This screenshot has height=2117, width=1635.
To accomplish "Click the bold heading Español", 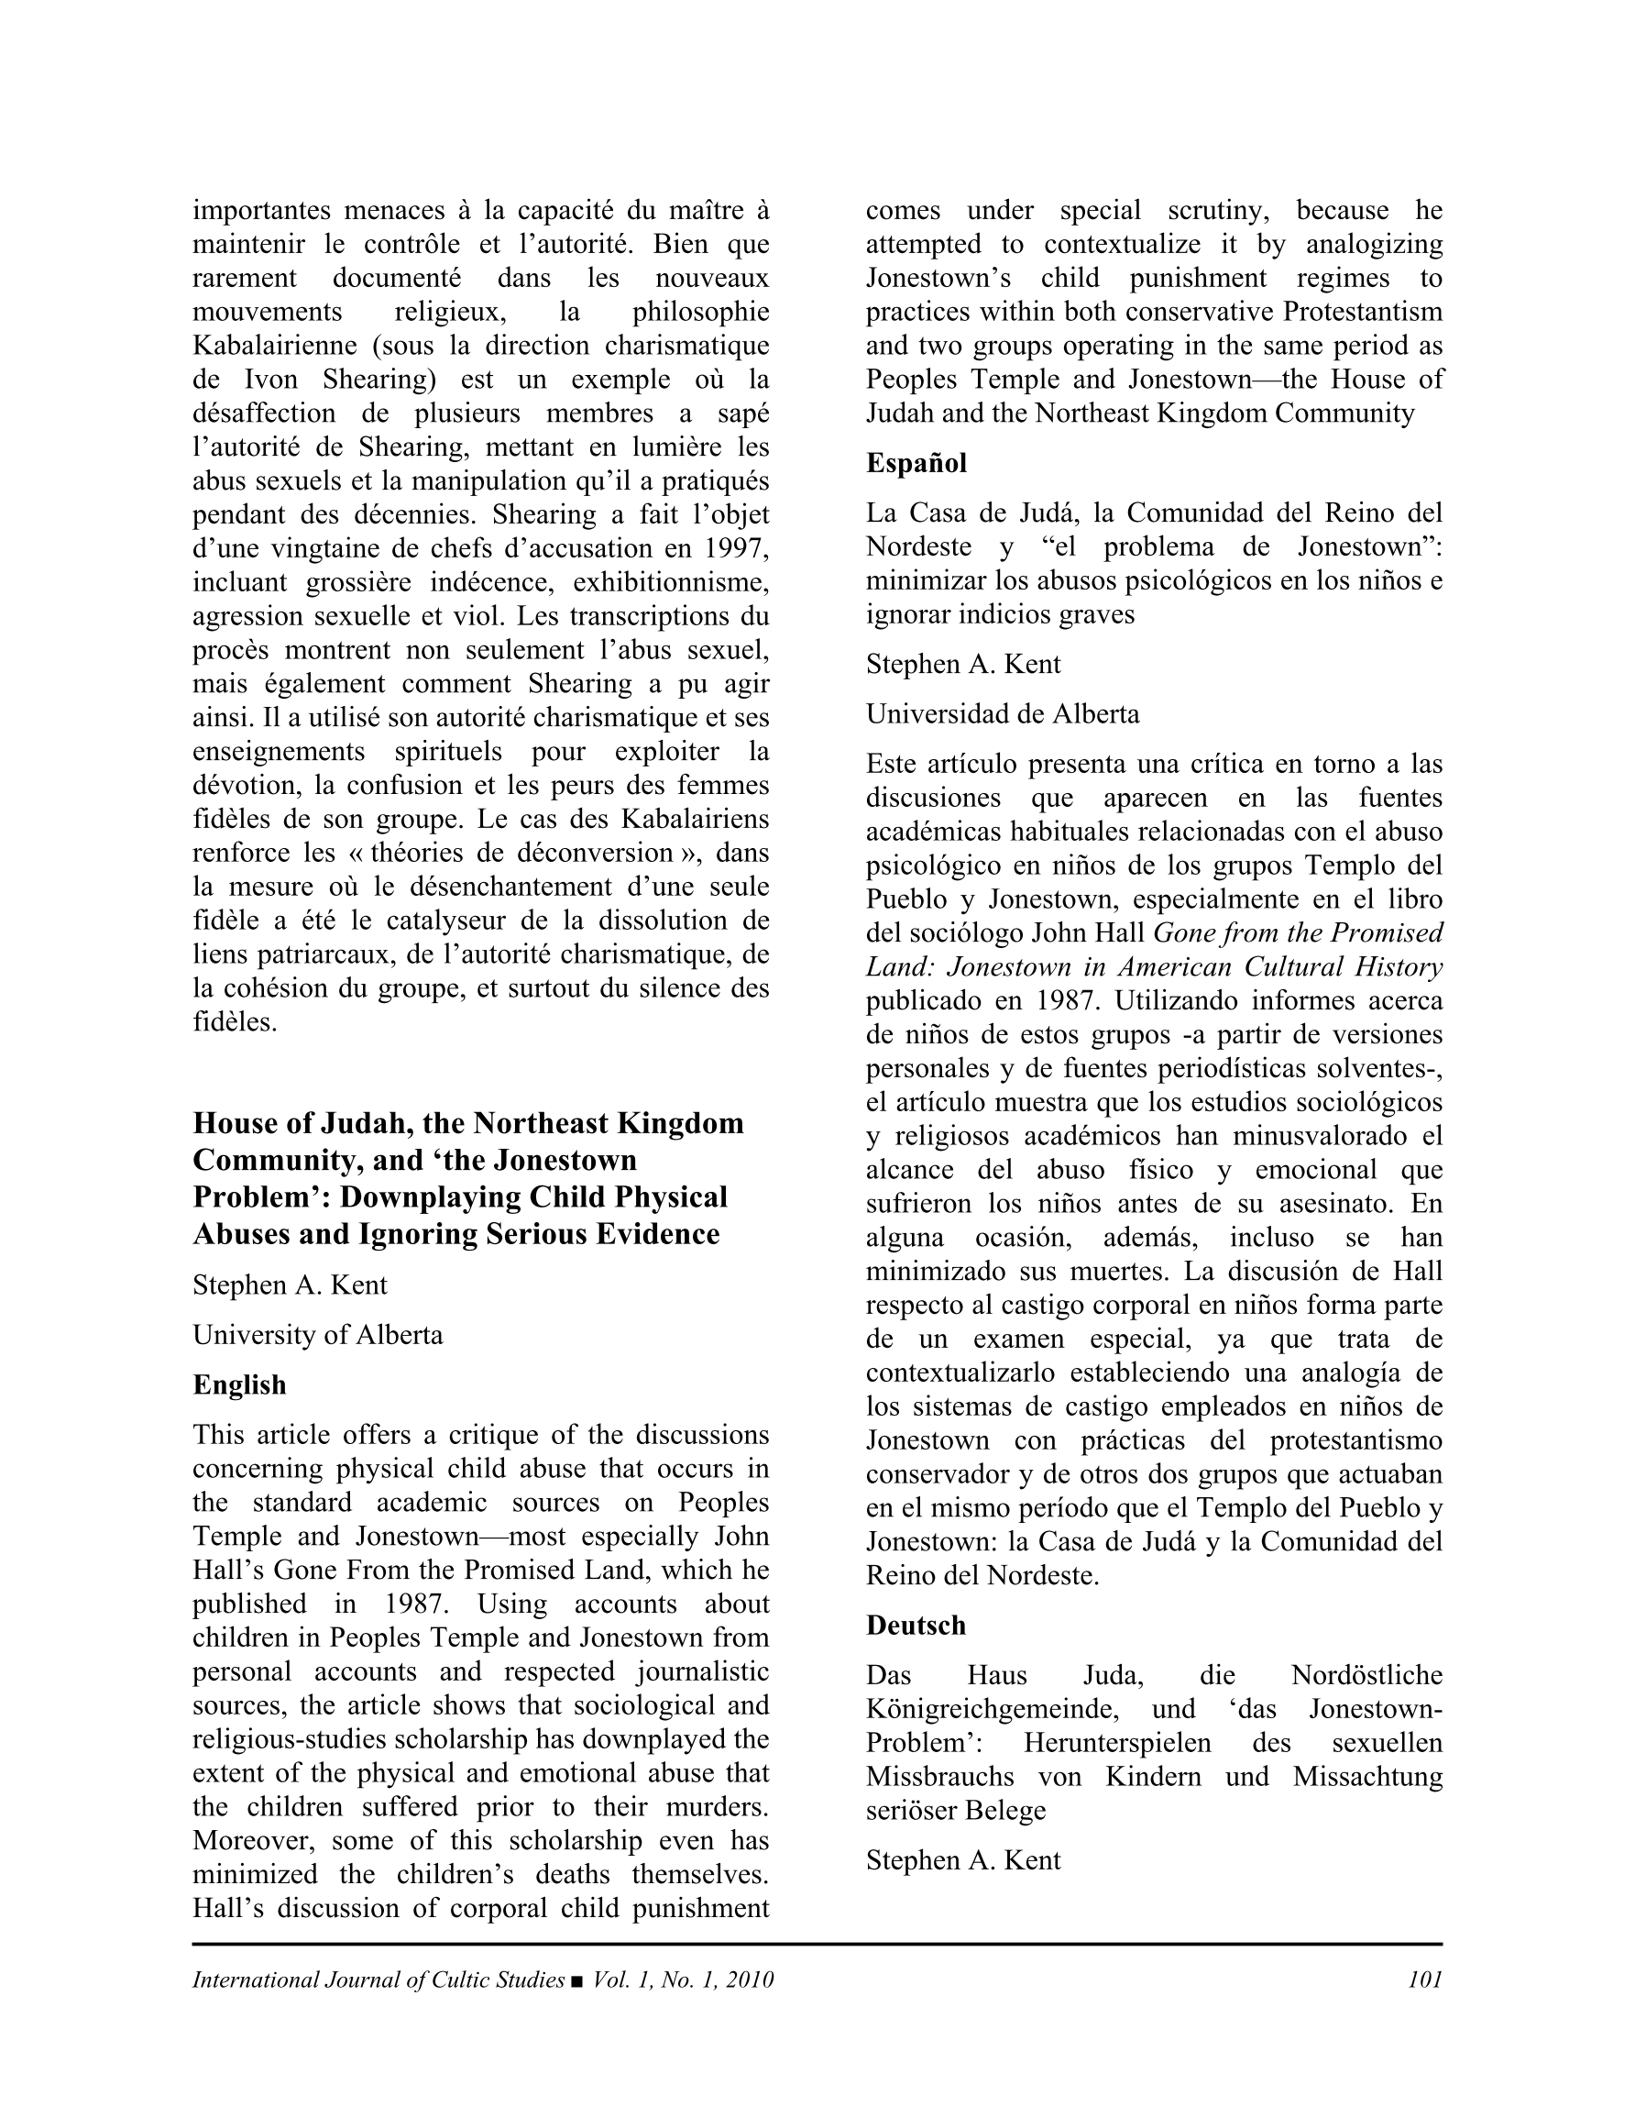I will pos(916,463).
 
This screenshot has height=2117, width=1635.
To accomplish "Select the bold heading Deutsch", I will pos(916,1626).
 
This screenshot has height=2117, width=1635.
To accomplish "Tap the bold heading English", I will pos(239,1385).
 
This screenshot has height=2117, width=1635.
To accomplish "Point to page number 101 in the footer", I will pos(1425,1979).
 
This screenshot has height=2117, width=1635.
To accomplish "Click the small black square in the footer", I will pos(577,1980).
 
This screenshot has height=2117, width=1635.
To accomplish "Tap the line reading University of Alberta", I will pos(318,1335).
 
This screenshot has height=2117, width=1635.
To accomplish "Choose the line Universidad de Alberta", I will pos(1002,714).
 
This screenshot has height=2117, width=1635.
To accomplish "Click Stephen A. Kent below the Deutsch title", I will pos(963,1860).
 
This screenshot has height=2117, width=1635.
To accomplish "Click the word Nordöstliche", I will pos(1366,1675).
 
